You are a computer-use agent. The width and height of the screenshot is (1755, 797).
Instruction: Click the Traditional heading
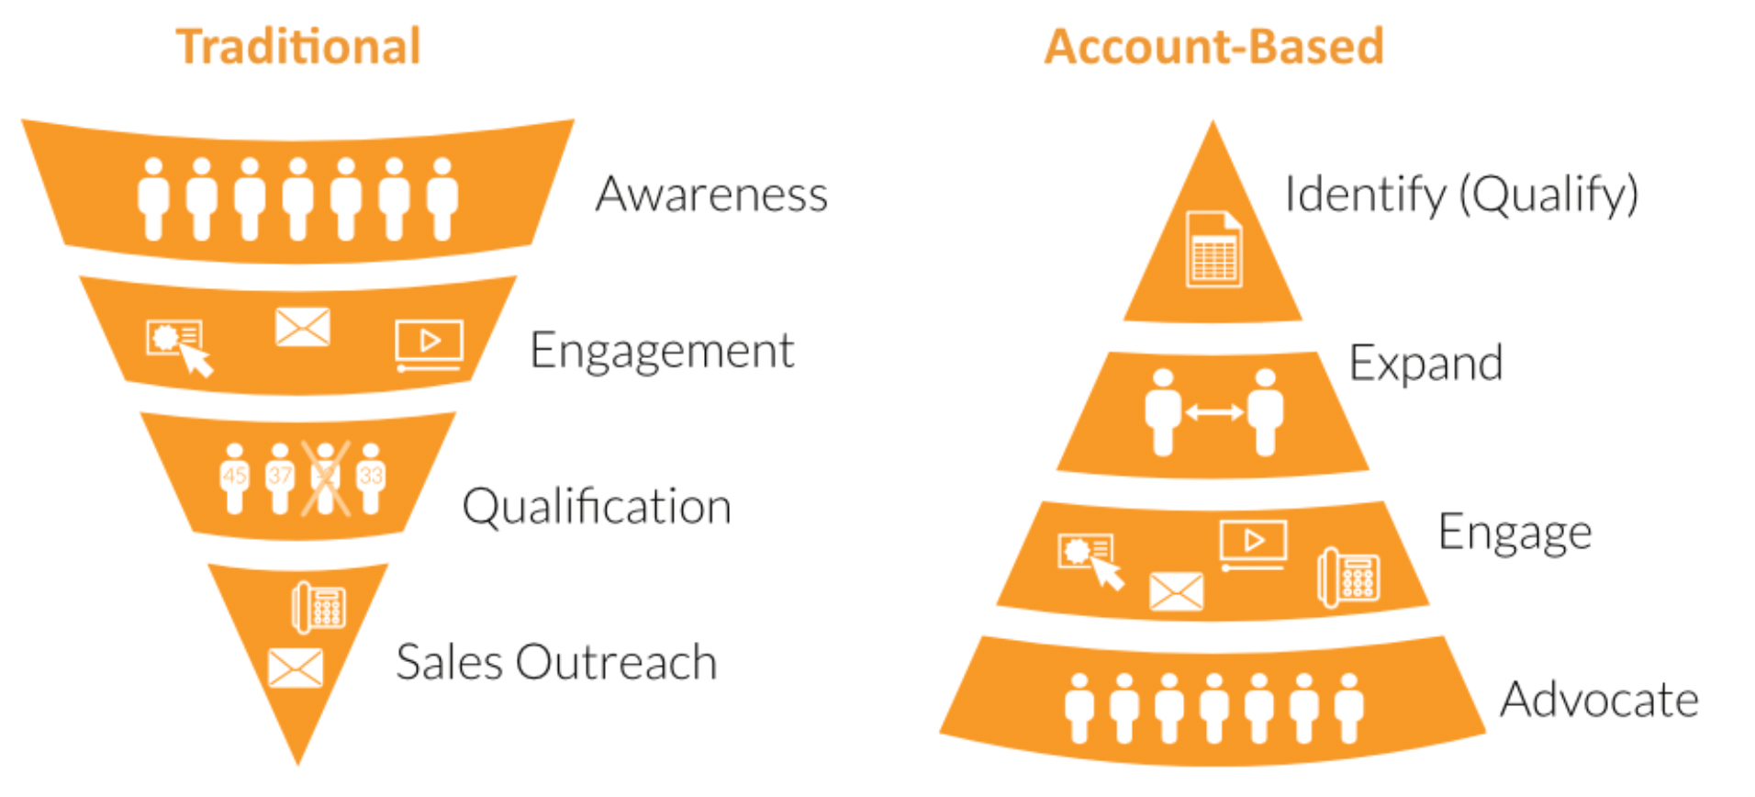pos(298,47)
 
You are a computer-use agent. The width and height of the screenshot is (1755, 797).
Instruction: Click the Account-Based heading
pos(1213,47)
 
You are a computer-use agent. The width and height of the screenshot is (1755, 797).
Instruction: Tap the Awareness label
pos(711,194)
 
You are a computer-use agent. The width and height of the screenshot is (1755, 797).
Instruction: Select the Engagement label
pos(662,352)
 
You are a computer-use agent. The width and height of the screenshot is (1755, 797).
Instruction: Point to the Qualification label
pos(597,506)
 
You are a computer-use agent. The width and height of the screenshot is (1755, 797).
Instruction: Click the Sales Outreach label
pos(556,662)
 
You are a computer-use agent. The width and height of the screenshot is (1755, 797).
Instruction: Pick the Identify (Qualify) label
pos(1461,195)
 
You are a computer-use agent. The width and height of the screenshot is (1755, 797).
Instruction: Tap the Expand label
pos(1425,364)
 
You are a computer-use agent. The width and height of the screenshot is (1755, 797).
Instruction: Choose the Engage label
pos(1515,533)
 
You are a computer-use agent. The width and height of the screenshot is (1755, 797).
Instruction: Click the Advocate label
pos(1599,700)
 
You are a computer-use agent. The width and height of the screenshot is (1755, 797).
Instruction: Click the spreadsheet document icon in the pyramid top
pos(1213,250)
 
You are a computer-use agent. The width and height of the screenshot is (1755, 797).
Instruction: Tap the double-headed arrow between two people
pos(1213,413)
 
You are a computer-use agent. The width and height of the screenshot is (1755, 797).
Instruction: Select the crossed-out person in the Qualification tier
pos(326,478)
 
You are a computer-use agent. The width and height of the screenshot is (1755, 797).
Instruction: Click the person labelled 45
pos(234,478)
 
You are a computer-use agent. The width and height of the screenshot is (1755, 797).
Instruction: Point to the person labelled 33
pos(371,478)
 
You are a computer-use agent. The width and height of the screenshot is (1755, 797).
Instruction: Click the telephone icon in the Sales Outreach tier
pos(319,607)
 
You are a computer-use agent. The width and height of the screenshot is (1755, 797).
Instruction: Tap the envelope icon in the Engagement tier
pos(303,328)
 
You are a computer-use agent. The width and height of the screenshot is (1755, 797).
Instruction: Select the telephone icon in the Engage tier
pos(1348,578)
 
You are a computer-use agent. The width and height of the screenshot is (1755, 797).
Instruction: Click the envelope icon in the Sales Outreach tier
pos(296,668)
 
